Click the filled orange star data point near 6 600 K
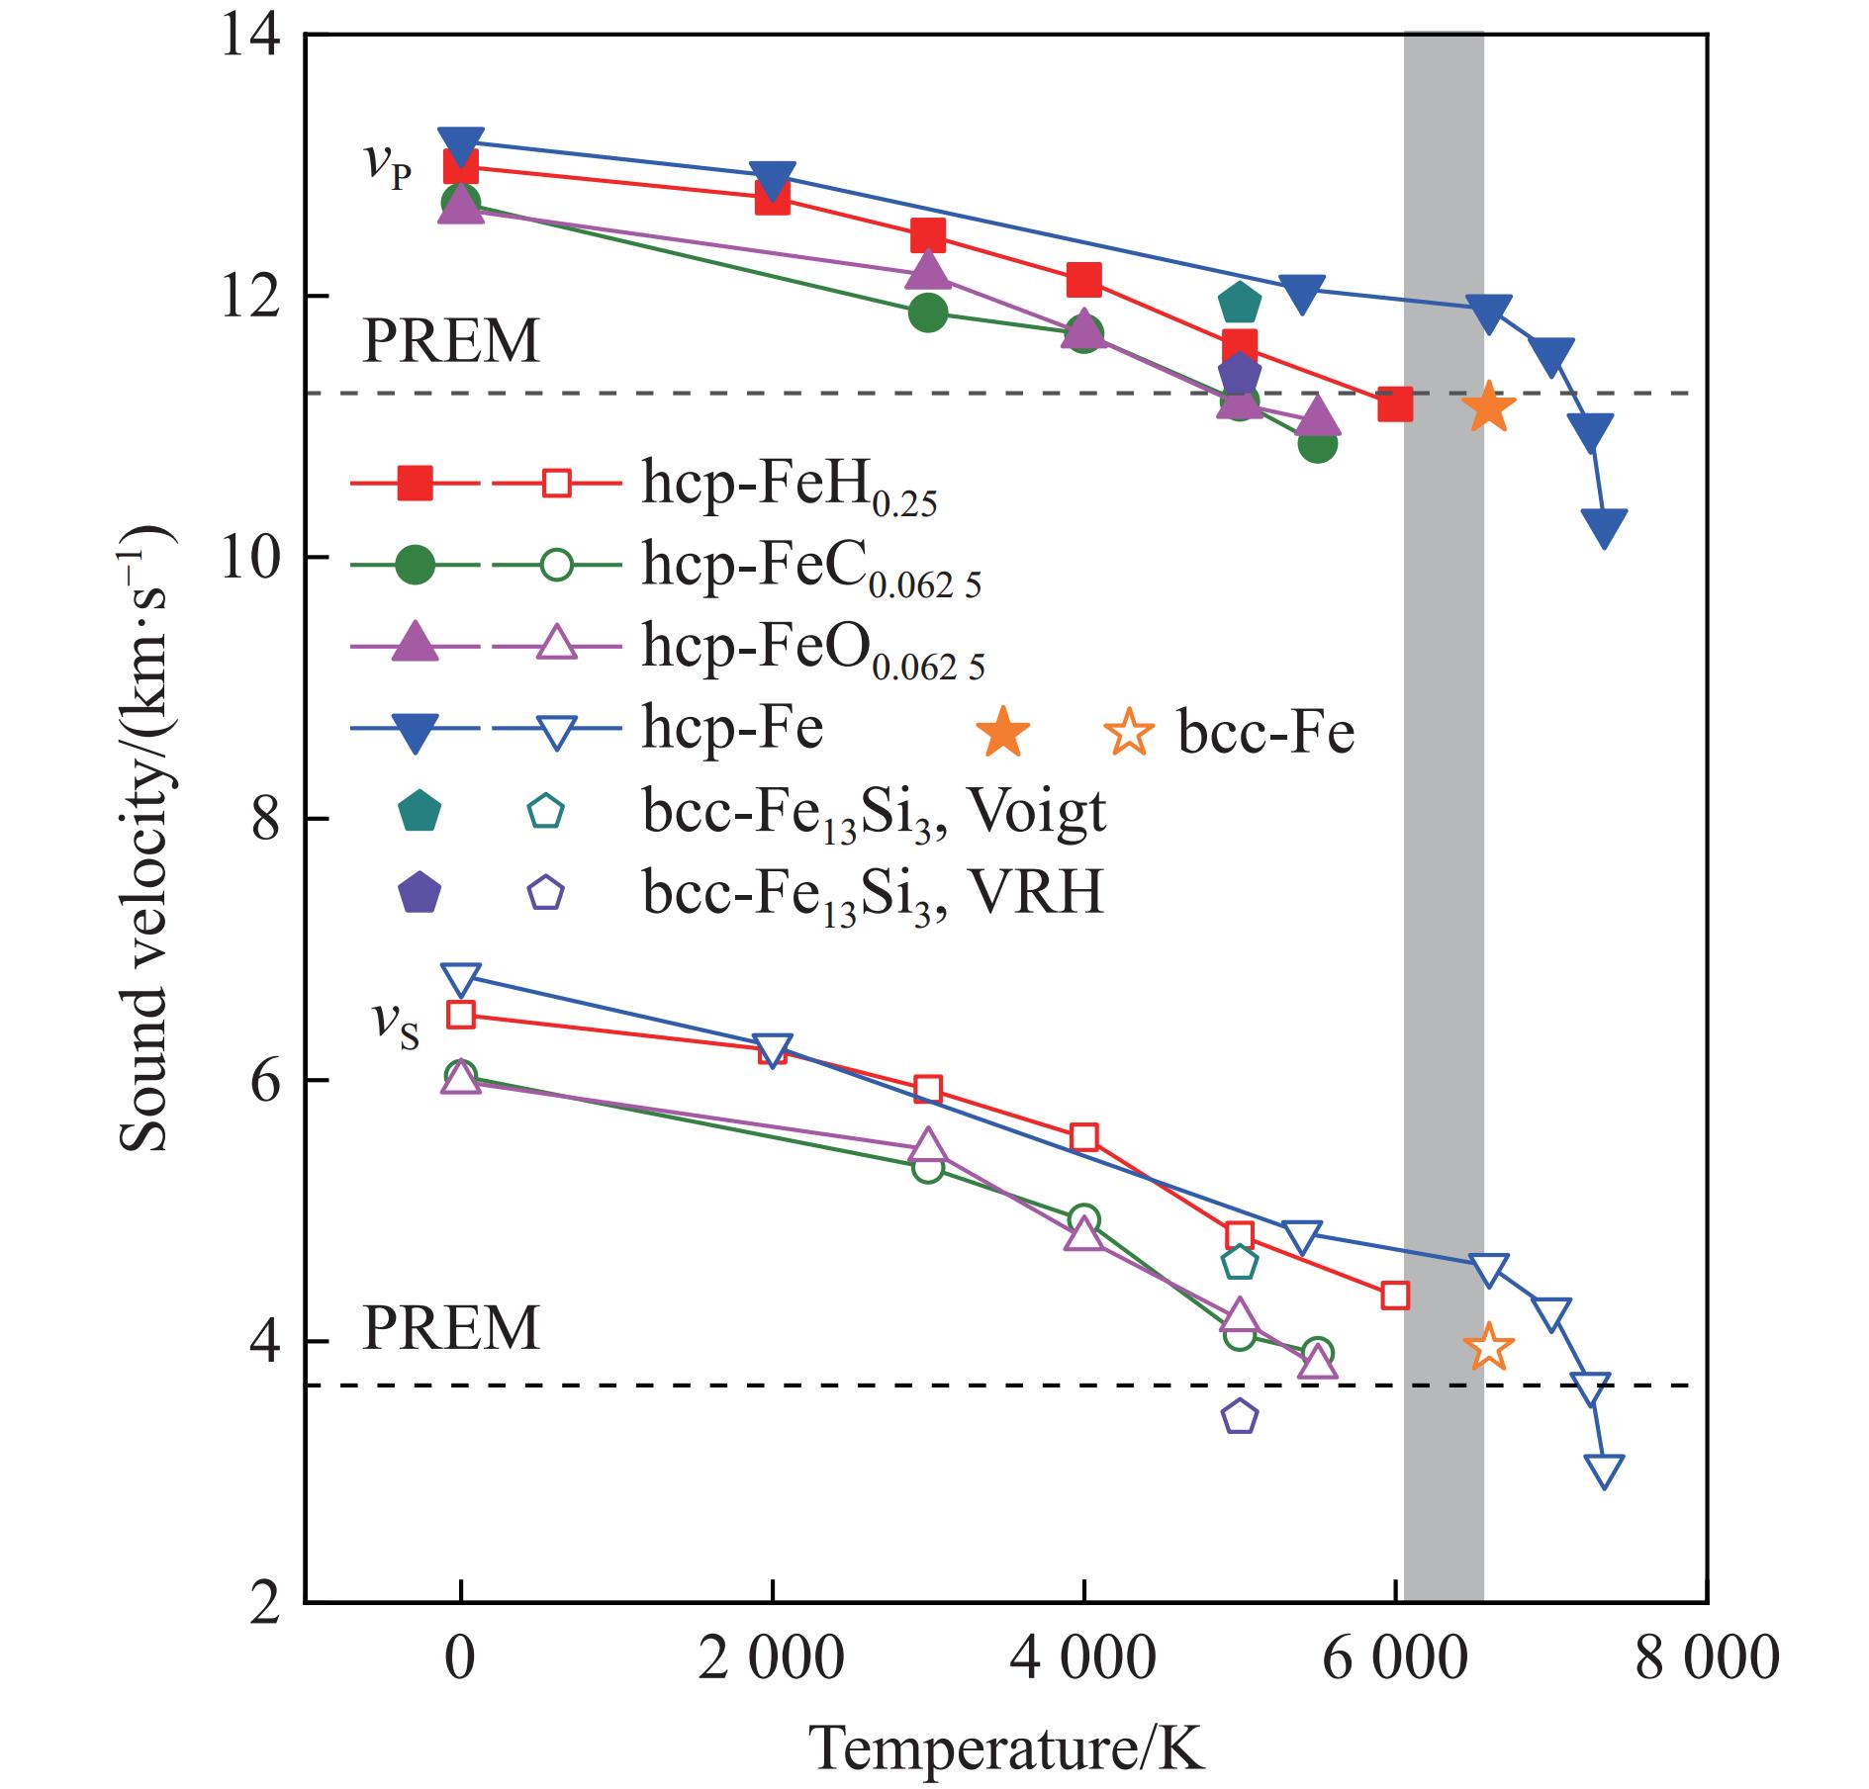(x=1488, y=407)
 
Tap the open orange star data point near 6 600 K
(x=1488, y=1346)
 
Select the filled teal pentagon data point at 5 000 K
(x=1239, y=303)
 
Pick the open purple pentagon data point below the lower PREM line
(x=1239, y=1417)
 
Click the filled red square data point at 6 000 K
(x=1395, y=403)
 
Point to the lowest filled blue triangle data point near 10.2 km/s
(x=1604, y=526)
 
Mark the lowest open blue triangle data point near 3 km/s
(x=1604, y=1469)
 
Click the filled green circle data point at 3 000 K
(x=927, y=313)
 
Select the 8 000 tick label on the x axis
(x=1706, y=1657)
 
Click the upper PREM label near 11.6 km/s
(x=451, y=341)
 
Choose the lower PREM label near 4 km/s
(x=451, y=1328)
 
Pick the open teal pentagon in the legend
(x=545, y=811)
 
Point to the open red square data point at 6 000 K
(x=1395, y=1295)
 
